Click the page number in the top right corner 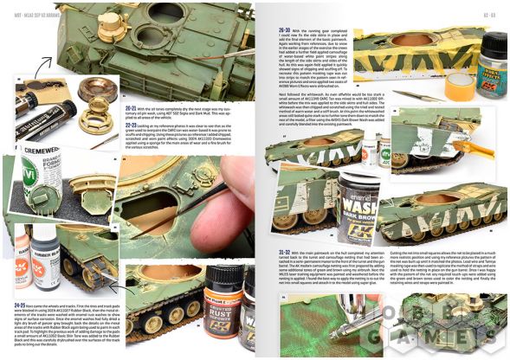[488, 12]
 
